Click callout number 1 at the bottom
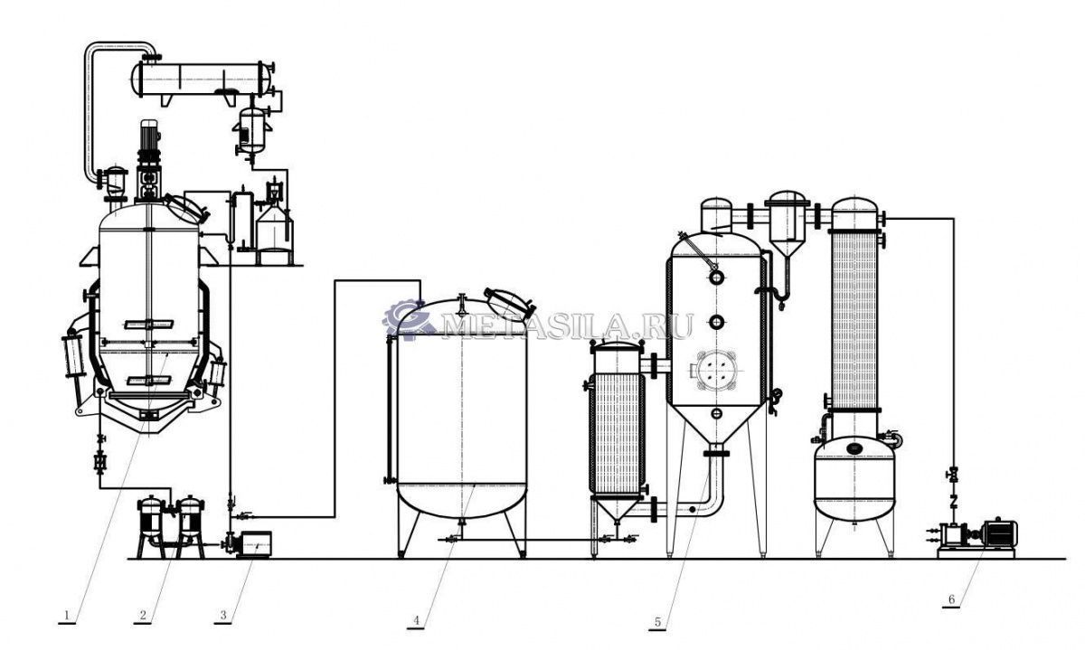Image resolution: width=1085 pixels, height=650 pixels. [x=67, y=615]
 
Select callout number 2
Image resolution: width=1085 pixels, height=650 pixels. [x=143, y=615]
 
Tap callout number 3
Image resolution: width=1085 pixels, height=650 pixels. [x=223, y=615]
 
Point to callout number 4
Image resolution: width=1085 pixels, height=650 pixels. [x=416, y=620]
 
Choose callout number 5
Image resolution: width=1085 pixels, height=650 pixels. [x=657, y=622]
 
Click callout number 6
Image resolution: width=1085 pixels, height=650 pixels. [x=951, y=599]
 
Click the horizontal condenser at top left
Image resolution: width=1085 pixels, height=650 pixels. [x=203, y=79]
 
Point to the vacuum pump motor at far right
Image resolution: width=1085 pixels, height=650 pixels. [x=1001, y=533]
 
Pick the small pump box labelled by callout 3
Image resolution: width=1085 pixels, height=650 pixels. [x=255, y=543]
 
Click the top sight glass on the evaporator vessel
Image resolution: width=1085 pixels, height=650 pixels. [x=716, y=278]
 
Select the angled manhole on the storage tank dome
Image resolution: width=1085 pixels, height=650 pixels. [x=508, y=302]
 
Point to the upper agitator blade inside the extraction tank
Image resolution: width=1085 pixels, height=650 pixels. [x=148, y=324]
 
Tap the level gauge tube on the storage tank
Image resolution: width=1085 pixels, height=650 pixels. [x=388, y=410]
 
